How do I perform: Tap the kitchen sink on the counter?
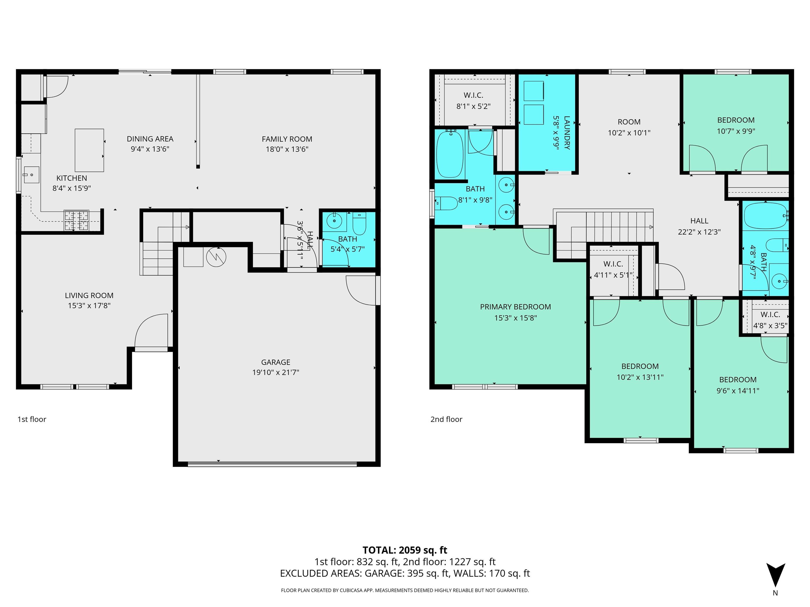(31, 175)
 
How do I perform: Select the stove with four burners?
(76, 221)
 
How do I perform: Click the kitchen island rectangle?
(89, 150)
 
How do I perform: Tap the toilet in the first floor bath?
(359, 224)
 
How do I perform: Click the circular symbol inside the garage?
(216, 257)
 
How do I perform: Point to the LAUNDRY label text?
(566, 133)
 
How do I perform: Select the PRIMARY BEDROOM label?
(515, 307)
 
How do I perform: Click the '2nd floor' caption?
(446, 419)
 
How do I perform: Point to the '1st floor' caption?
(32, 419)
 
